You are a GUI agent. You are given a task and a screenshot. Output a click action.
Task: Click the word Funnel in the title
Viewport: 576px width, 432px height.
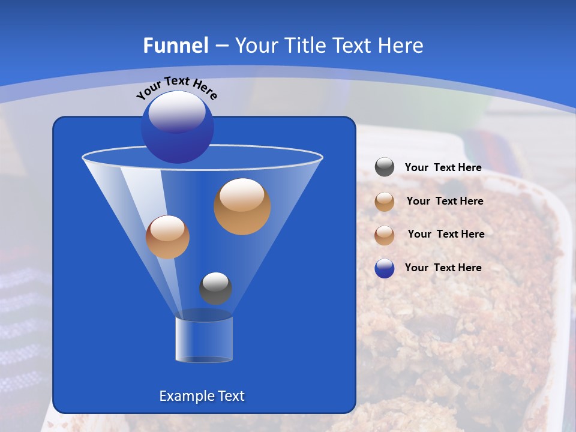pos(176,46)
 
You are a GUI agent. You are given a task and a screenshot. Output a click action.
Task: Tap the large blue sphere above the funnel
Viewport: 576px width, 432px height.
pos(178,127)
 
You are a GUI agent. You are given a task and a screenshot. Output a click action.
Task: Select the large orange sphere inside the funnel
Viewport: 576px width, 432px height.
pos(242,206)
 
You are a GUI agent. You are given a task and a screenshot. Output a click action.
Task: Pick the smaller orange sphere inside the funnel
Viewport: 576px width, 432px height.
pos(167,237)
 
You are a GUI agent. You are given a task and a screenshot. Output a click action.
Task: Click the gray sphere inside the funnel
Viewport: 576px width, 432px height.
pos(215,288)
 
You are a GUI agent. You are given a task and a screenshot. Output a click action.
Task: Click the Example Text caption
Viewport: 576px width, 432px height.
pos(202,396)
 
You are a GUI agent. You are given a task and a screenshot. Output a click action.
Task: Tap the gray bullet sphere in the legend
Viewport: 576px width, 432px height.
pos(385,167)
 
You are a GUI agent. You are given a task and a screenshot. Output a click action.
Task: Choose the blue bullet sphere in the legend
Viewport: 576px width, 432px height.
pos(385,268)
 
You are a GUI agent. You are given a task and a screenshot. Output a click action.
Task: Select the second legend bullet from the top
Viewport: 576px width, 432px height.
pos(385,202)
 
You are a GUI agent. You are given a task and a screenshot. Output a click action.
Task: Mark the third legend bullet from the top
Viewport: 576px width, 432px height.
pos(385,235)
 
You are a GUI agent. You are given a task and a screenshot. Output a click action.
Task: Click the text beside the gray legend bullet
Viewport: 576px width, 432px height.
pos(443,168)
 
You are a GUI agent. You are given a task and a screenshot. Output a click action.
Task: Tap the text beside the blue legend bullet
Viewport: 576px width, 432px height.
pos(443,268)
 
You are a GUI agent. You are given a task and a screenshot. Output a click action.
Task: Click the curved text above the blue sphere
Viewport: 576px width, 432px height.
pos(176,88)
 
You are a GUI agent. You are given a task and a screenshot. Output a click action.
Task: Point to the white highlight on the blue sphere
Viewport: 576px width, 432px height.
pos(176,112)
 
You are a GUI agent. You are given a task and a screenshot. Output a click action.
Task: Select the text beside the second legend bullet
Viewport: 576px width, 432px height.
pos(445,201)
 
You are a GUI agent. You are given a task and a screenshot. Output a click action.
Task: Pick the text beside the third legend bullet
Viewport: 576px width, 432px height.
pos(446,234)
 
